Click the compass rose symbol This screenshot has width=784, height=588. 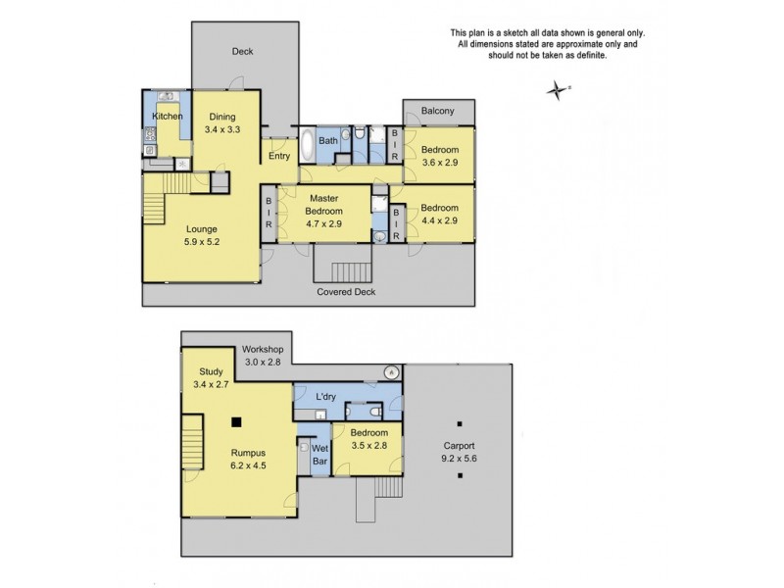[558, 91]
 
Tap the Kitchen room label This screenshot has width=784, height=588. [167, 117]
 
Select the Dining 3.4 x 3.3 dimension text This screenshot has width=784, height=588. [222, 128]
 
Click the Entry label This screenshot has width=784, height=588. [279, 156]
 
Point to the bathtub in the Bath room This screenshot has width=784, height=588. [307, 146]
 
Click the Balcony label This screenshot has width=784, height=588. [437, 111]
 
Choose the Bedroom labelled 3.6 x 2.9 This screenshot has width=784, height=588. [439, 156]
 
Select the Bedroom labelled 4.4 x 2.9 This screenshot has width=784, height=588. [439, 214]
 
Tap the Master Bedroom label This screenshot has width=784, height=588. [323, 205]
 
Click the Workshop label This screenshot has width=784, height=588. [264, 356]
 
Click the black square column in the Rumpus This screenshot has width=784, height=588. [235, 422]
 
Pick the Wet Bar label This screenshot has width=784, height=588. [319, 455]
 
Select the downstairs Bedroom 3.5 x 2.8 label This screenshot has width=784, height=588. [368, 438]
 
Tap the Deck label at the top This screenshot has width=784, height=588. [242, 51]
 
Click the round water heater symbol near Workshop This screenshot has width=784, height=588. [390, 371]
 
